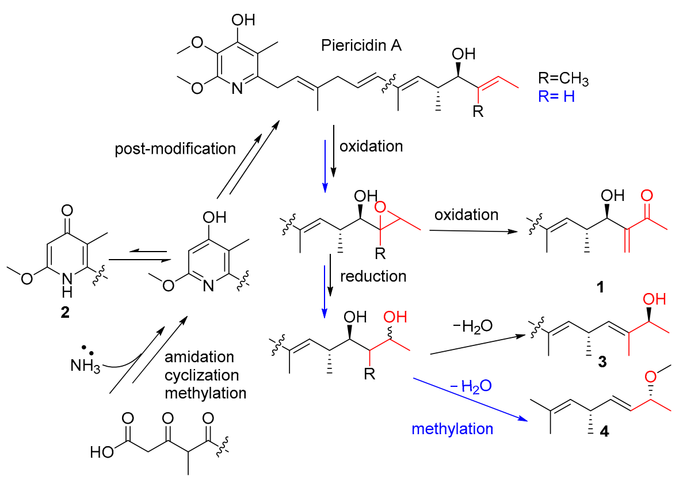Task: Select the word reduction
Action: coord(373,276)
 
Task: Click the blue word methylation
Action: coord(452,428)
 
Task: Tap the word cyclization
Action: coord(201,375)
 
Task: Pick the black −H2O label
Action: coord(472,326)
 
